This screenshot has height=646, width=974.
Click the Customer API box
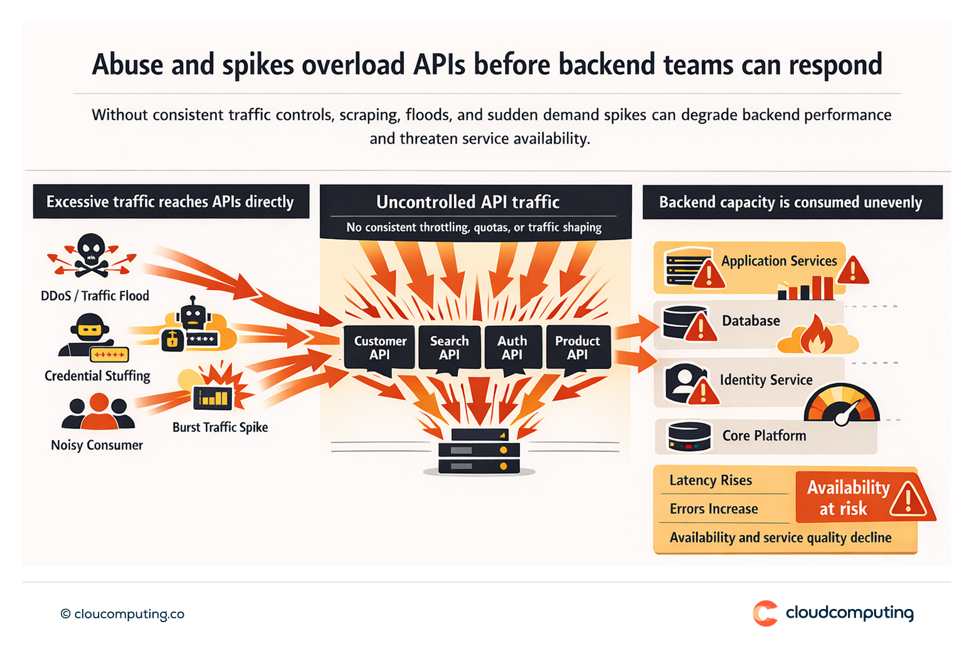tap(379, 347)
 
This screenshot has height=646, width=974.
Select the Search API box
tap(449, 347)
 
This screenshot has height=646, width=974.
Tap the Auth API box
tap(512, 347)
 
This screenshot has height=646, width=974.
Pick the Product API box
tap(578, 347)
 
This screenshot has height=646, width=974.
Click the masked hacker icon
tap(86, 334)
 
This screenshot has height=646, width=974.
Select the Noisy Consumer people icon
tap(98, 412)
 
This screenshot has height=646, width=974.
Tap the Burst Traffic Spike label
tap(220, 428)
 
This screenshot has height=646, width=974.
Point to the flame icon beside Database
tap(817, 335)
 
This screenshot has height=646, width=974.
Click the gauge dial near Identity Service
tap(842, 404)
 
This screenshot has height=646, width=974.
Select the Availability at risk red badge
tap(862, 498)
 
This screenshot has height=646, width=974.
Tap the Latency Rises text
tap(711, 480)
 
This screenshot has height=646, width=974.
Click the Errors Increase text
tap(714, 509)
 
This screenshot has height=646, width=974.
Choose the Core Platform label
tap(764, 436)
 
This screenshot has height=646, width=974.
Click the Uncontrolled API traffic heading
tap(468, 202)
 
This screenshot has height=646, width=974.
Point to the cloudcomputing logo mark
tap(765, 613)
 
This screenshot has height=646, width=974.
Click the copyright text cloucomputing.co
tap(123, 614)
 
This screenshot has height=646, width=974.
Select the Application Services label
tap(779, 261)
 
